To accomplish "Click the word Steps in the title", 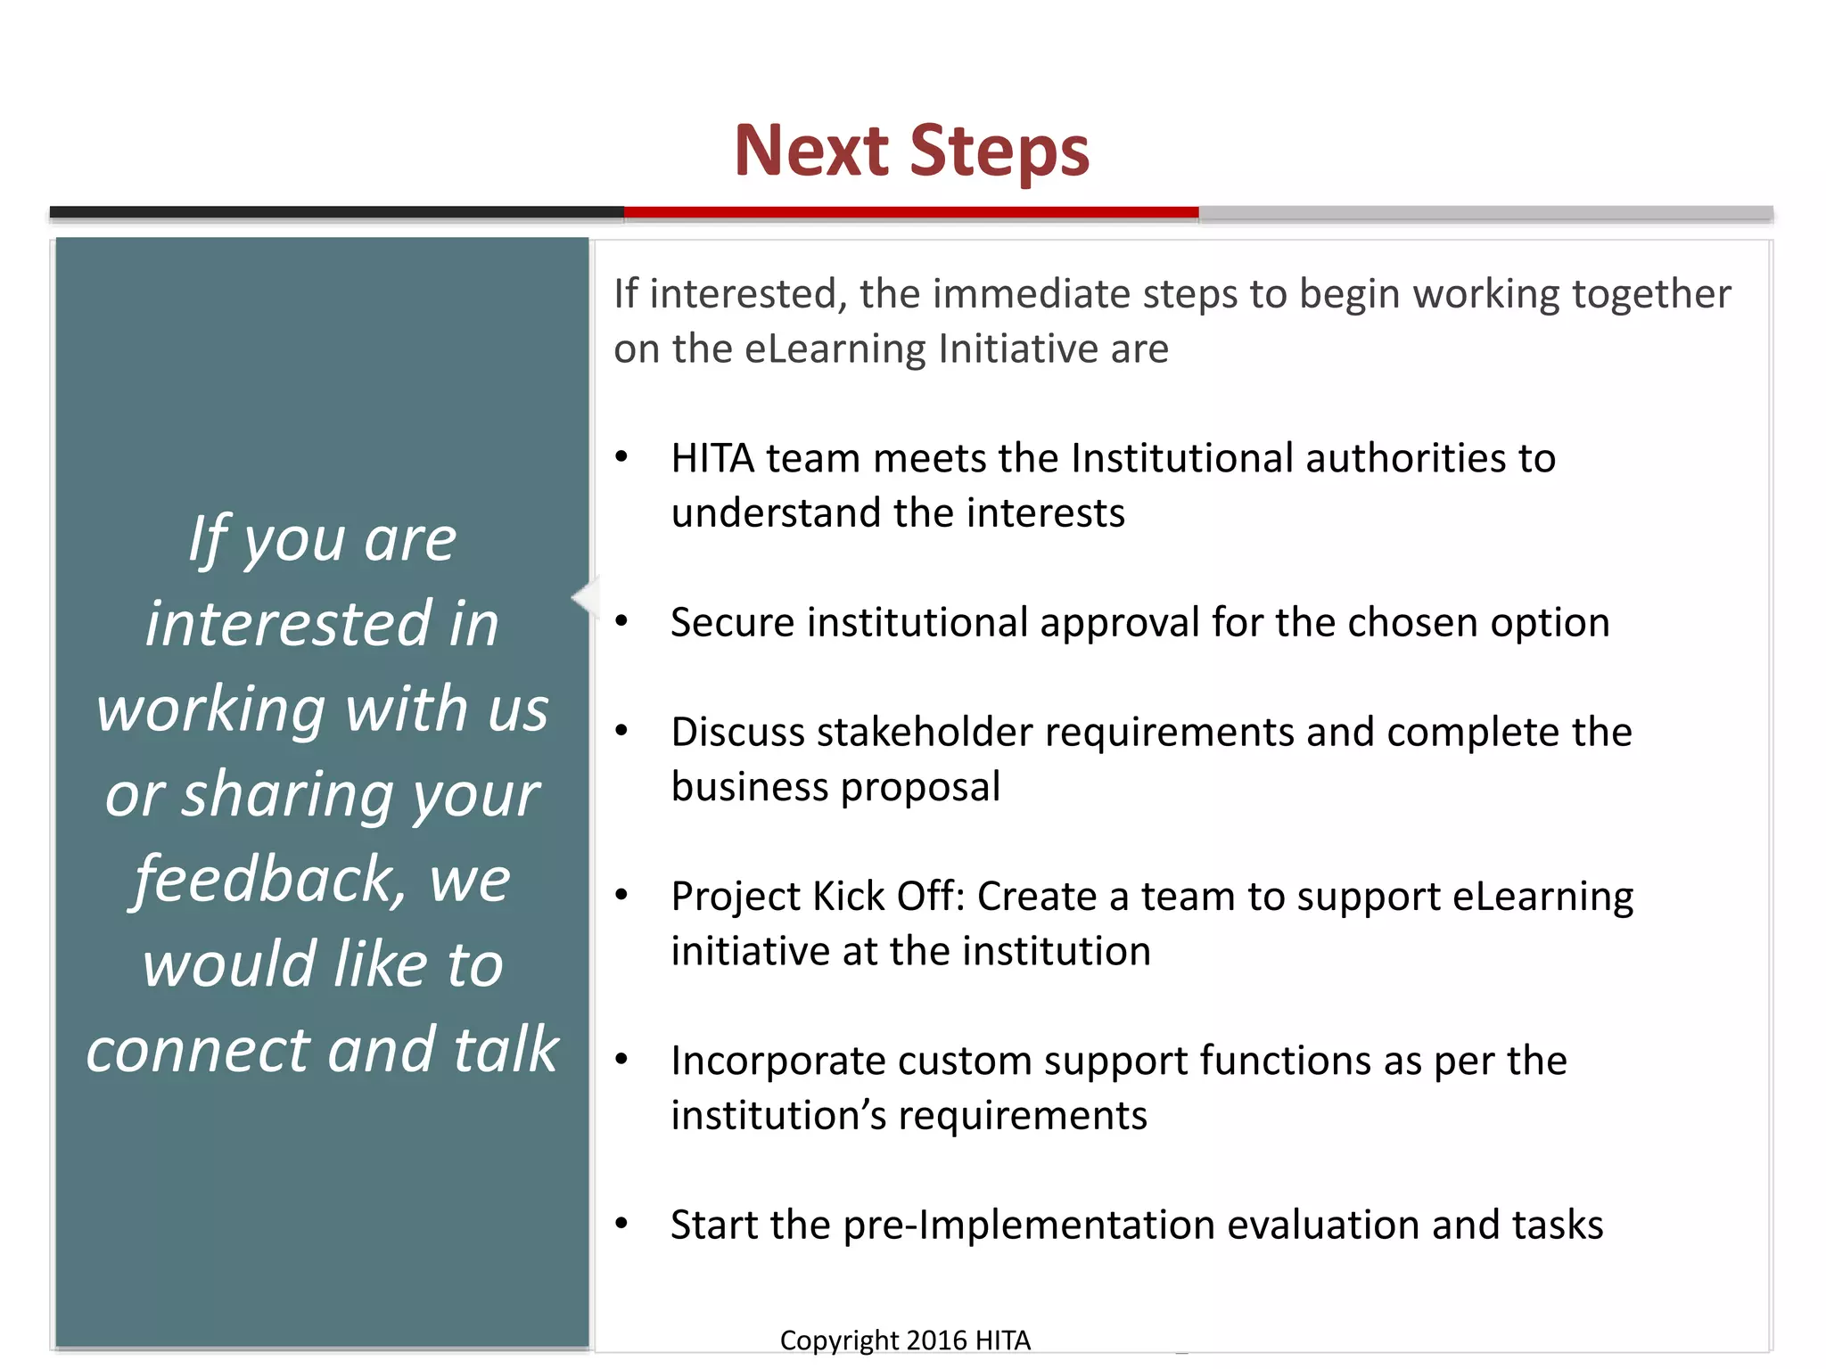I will tap(999, 152).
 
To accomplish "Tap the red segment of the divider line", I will tap(911, 212).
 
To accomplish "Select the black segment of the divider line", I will tap(337, 212).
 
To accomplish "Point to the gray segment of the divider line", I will tap(1485, 213).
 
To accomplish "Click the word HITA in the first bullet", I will tap(713, 459).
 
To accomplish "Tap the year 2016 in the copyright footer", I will tap(936, 1340).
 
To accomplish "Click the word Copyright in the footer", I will tap(838, 1340).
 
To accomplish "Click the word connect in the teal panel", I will tap(199, 1051).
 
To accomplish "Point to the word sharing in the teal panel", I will tap(287, 795).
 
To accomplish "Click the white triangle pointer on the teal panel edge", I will tap(585, 596).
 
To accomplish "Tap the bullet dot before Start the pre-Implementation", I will tap(621, 1224).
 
